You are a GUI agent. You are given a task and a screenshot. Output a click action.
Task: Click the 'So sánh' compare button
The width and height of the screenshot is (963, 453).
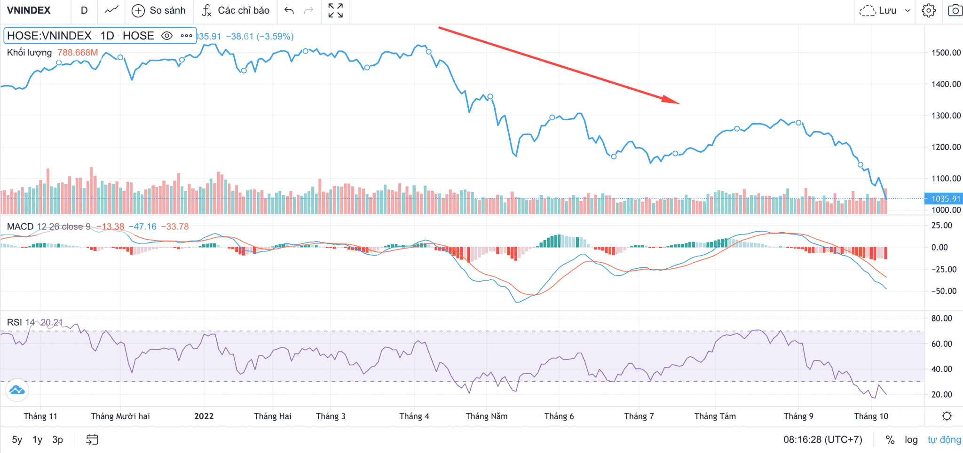(x=159, y=10)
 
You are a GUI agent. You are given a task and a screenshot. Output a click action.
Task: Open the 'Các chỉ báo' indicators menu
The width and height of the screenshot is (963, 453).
(x=236, y=10)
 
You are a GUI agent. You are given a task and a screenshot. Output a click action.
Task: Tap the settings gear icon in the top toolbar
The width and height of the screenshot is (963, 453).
(x=929, y=10)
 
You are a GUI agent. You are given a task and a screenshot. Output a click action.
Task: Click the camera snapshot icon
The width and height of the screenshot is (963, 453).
(x=955, y=10)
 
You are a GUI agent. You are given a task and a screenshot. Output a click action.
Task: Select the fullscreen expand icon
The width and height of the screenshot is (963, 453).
(x=335, y=10)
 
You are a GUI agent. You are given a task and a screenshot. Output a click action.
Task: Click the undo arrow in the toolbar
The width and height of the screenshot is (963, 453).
(x=289, y=10)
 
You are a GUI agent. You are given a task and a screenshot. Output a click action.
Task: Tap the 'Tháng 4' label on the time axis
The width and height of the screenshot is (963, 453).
(x=414, y=416)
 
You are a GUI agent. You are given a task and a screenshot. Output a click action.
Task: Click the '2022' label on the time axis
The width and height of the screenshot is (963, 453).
(x=204, y=416)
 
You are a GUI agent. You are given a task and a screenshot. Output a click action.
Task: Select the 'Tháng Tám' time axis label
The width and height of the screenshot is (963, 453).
(x=715, y=416)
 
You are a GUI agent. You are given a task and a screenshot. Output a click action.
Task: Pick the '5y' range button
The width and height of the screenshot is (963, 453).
(x=17, y=440)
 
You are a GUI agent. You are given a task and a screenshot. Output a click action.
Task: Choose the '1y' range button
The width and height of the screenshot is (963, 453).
(x=37, y=440)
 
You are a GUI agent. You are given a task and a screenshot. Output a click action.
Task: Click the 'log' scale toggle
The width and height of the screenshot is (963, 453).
(x=911, y=440)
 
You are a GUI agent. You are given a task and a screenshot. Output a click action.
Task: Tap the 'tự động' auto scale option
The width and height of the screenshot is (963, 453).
(x=944, y=440)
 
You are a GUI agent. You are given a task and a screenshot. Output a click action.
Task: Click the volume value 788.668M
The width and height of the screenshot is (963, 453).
(x=78, y=53)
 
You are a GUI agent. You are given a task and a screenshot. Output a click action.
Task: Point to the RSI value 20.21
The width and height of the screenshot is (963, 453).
(x=51, y=322)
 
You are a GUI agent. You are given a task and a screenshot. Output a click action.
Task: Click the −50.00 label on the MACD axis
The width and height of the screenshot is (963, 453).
(x=944, y=291)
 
